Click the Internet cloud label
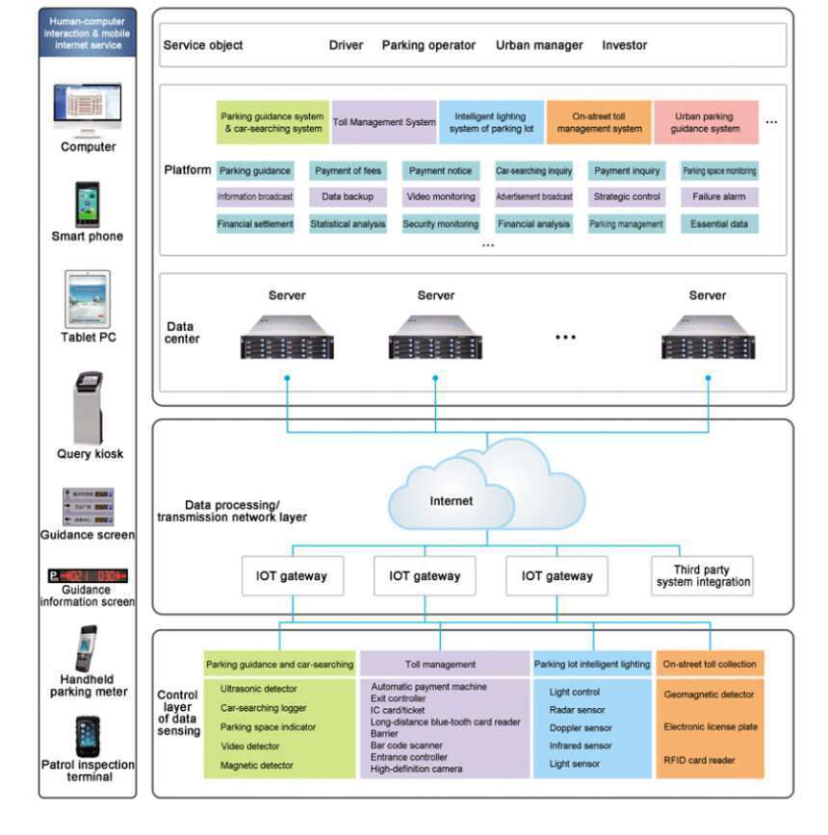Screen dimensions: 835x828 (452, 500)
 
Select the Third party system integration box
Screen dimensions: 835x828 (701, 576)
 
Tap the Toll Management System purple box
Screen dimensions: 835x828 (384, 122)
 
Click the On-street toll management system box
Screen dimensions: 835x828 (599, 122)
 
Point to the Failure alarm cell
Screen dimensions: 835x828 (719, 197)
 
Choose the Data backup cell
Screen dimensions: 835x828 (348, 197)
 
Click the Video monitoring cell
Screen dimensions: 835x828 (441, 197)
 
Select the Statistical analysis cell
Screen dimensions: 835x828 (348, 224)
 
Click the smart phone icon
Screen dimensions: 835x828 (89, 203)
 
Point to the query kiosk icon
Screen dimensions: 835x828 (89, 406)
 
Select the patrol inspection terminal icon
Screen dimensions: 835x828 (89, 736)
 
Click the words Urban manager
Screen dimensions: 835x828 (539, 45)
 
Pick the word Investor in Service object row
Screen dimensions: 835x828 (625, 45)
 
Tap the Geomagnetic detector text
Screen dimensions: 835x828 (709, 695)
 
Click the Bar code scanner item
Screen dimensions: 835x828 (408, 745)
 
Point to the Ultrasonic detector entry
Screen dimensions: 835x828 (259, 689)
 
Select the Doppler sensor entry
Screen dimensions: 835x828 (580, 727)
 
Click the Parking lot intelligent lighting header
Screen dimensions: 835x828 (592, 664)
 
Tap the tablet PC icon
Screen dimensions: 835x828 (89, 297)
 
